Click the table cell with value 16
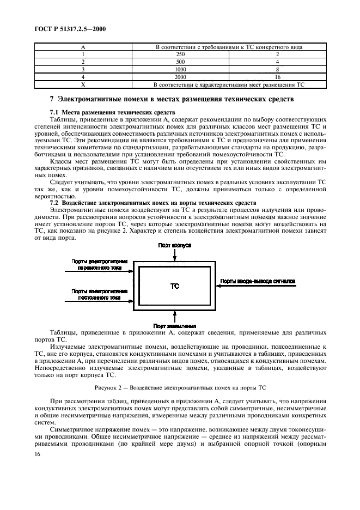(277, 77)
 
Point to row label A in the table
(83, 47)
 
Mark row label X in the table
(83, 85)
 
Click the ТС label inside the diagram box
(175, 286)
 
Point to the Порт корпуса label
(174, 246)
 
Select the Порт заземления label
(175, 326)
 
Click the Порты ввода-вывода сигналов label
(258, 282)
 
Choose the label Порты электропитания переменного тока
(99, 264)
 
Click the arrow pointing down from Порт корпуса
(174, 256)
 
